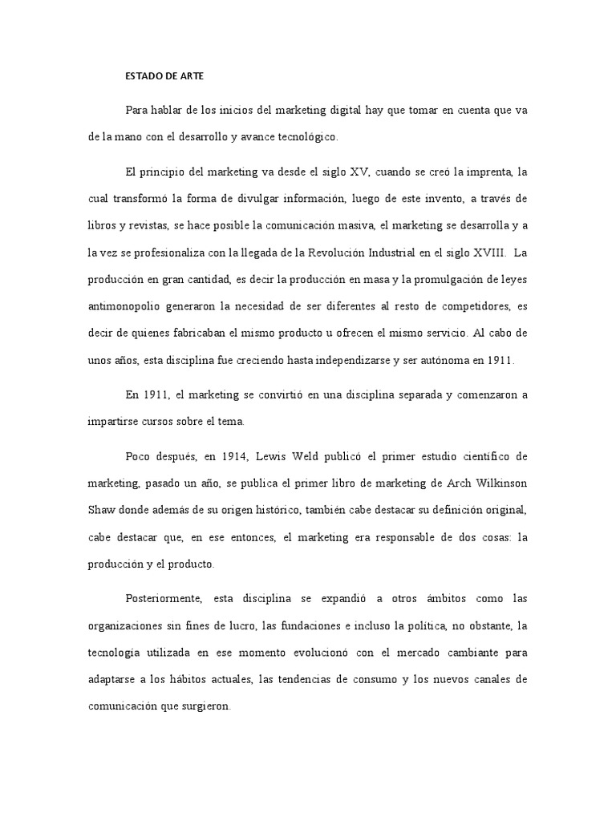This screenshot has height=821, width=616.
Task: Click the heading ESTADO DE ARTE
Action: click(165, 77)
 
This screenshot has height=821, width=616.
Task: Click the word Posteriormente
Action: click(164, 599)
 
